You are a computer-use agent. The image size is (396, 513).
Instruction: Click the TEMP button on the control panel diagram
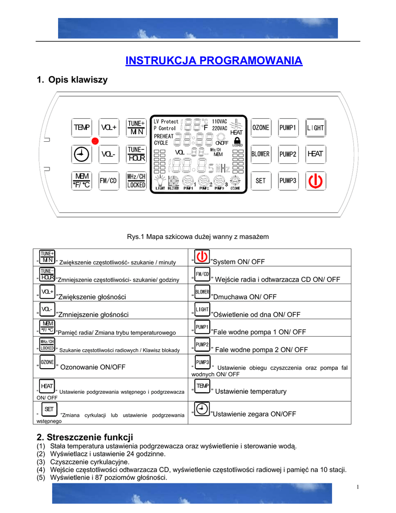click(x=81, y=128)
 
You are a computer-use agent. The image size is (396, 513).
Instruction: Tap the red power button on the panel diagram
click(x=315, y=180)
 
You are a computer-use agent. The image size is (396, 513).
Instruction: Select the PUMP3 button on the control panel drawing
click(x=288, y=180)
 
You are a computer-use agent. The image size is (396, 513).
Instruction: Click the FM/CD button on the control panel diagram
click(x=109, y=180)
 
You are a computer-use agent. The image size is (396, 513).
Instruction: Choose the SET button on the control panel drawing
click(x=260, y=180)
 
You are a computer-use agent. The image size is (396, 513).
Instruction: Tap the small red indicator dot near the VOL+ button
click(x=94, y=141)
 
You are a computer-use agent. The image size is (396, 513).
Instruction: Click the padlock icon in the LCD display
click(x=237, y=141)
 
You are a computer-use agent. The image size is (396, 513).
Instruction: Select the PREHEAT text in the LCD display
click(x=164, y=136)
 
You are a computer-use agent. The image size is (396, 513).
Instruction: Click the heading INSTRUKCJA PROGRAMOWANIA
click(x=214, y=61)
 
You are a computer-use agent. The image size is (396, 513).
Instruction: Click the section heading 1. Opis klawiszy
click(x=72, y=80)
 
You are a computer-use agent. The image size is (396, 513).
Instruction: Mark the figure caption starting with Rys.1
click(x=198, y=236)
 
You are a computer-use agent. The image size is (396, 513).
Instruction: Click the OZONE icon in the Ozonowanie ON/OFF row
click(x=48, y=363)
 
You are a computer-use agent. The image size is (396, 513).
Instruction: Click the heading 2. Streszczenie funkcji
click(x=85, y=437)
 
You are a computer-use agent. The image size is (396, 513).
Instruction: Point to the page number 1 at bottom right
click(x=359, y=487)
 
